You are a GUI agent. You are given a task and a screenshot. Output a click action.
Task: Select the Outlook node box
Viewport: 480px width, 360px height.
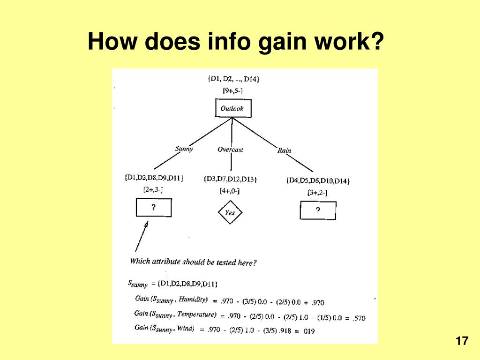point(232,108)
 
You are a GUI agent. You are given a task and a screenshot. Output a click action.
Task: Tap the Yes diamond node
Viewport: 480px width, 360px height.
point(230,212)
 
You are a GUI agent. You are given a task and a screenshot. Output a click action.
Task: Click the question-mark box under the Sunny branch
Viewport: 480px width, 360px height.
point(153,208)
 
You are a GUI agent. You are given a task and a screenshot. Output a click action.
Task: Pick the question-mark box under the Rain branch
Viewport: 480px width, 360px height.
point(318,210)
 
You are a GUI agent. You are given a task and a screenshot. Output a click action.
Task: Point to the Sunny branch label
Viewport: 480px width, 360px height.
point(184,149)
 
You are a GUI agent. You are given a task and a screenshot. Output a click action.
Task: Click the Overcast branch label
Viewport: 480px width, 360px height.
point(230,150)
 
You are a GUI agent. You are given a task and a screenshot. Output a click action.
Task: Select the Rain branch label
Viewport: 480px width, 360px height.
point(284,150)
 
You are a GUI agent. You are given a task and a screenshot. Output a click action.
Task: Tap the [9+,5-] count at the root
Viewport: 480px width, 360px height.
point(232,91)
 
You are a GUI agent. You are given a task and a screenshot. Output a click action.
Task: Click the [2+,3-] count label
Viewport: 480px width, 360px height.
point(153,189)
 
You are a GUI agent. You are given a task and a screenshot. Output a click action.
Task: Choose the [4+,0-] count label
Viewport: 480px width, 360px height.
point(230,191)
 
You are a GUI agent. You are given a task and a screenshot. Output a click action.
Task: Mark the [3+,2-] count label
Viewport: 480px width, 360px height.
point(317,192)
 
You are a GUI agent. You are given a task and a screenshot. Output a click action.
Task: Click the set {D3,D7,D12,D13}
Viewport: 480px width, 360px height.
point(230,179)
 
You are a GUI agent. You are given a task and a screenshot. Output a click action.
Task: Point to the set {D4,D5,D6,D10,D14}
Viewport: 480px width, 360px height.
point(318,180)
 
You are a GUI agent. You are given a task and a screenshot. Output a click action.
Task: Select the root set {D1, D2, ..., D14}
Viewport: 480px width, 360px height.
point(233,79)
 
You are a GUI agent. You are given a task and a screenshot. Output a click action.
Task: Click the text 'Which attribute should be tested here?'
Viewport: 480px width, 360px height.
point(193,262)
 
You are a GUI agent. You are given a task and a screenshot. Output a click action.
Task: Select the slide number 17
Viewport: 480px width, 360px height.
point(462,341)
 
